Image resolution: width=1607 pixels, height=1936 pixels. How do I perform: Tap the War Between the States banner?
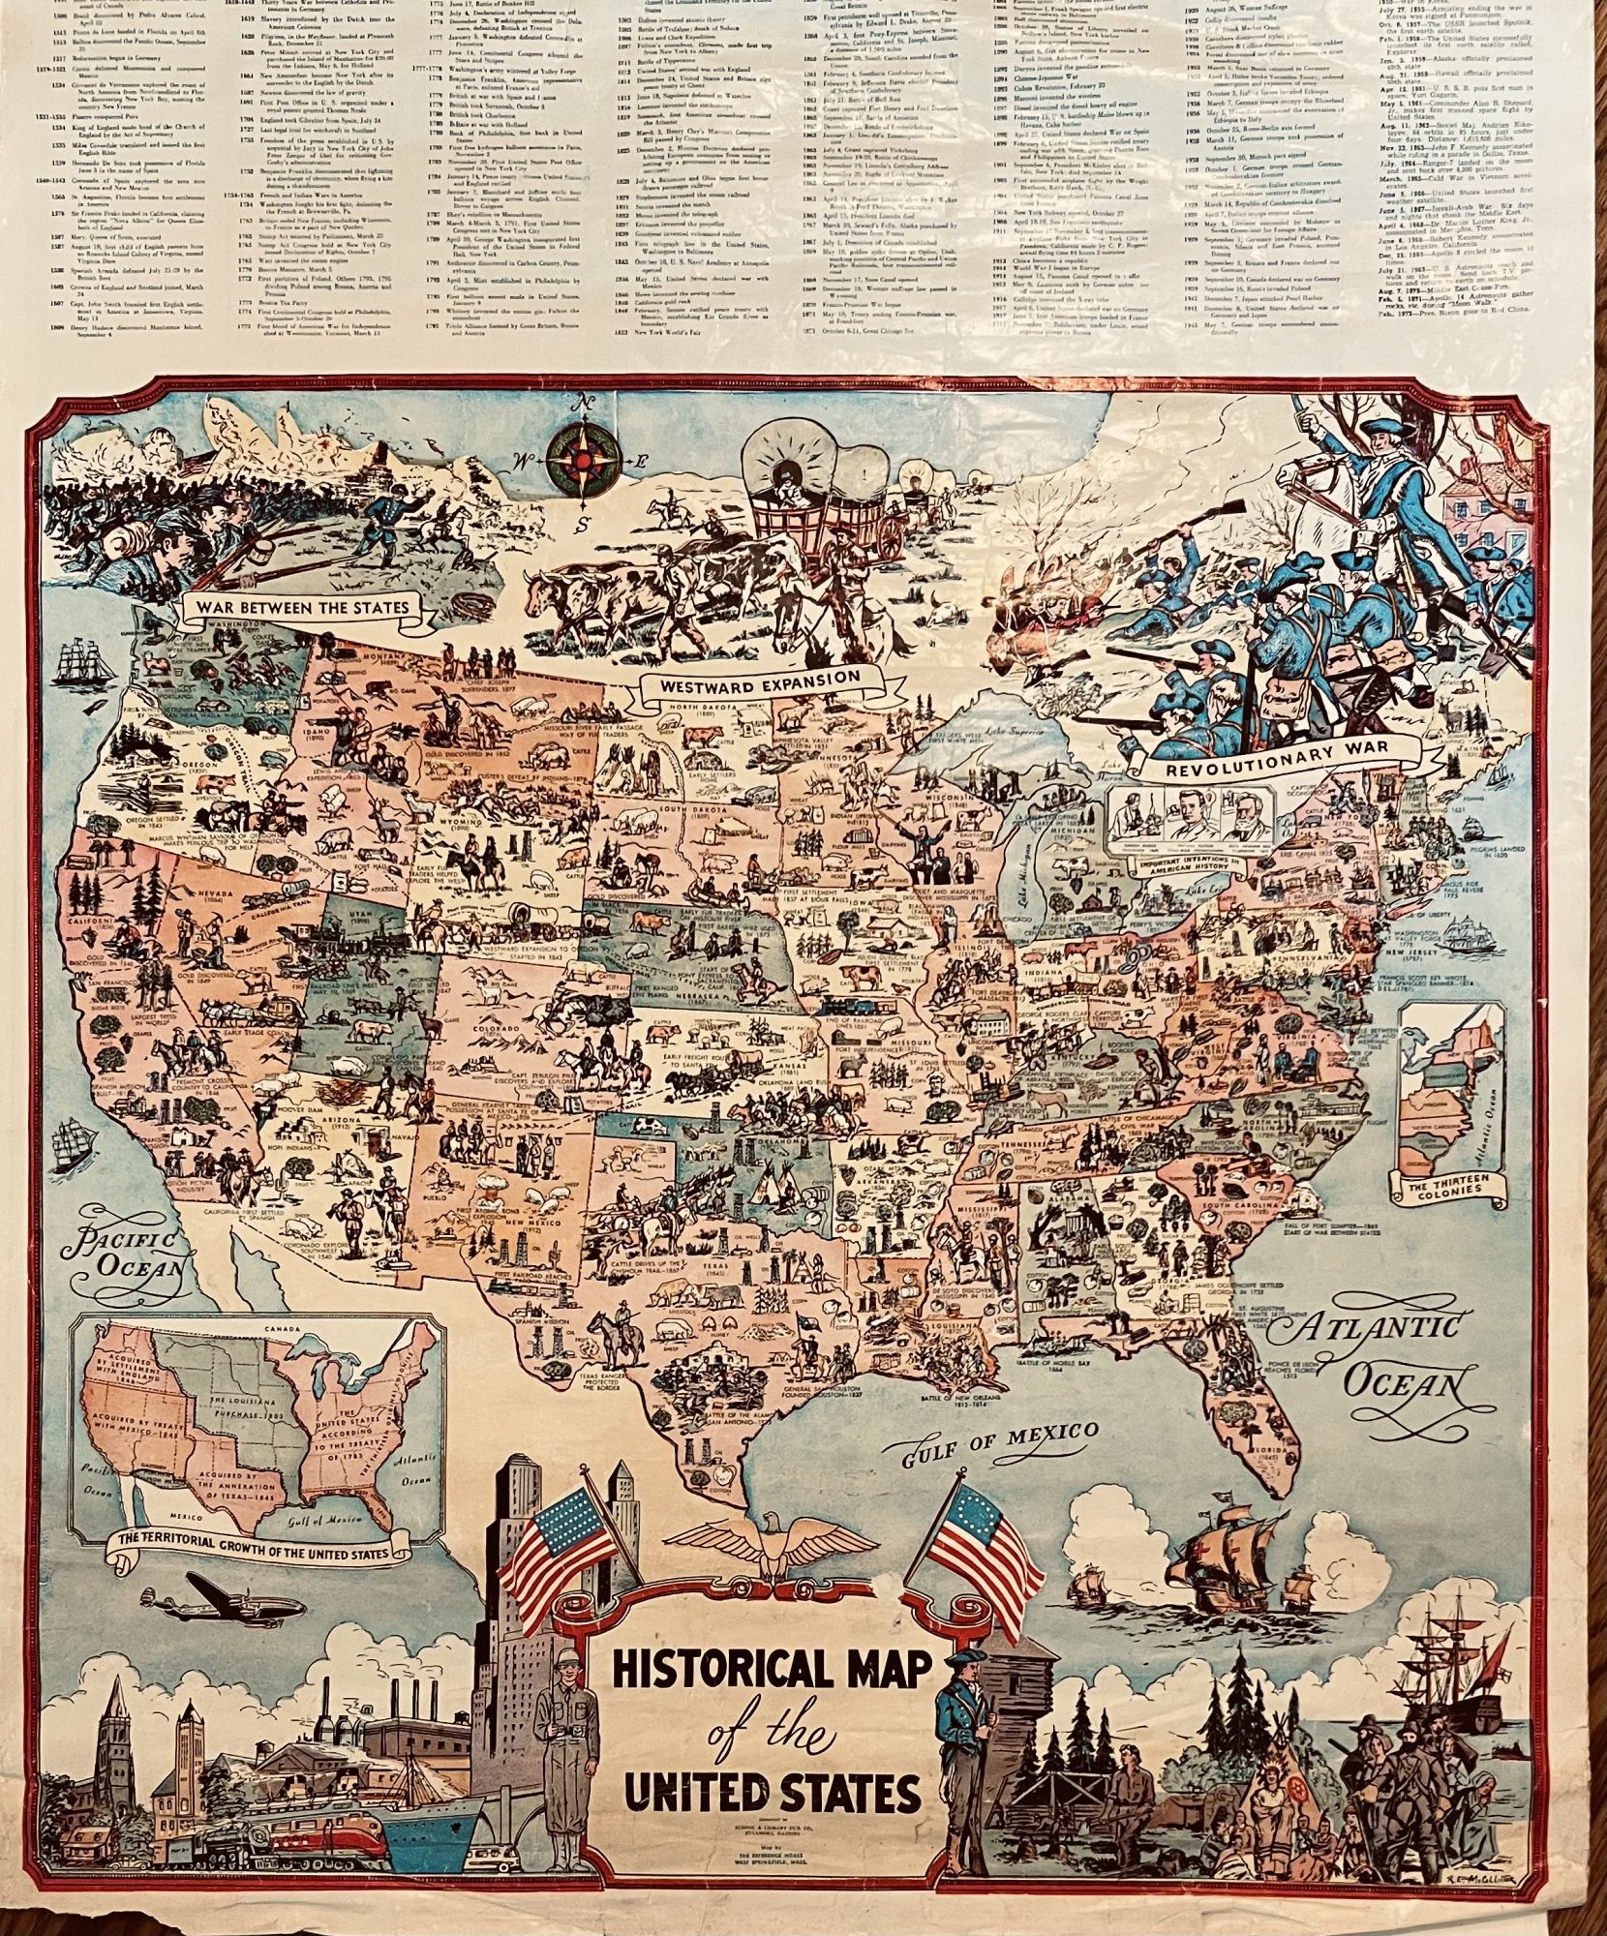pos(303,607)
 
